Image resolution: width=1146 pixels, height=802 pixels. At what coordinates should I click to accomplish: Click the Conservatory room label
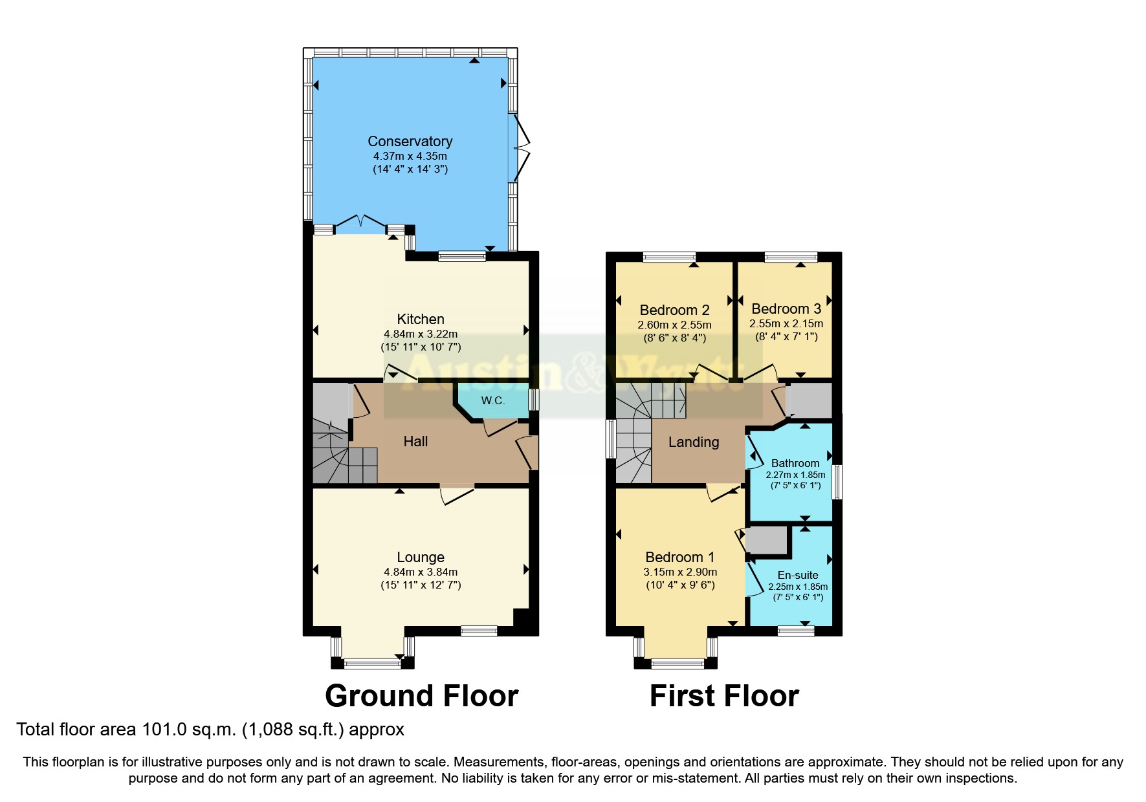click(410, 141)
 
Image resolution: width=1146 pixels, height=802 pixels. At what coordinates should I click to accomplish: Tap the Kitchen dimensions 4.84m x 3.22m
click(421, 334)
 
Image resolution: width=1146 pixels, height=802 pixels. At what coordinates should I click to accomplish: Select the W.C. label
click(492, 400)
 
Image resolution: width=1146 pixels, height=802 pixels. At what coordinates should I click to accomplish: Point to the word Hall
click(415, 441)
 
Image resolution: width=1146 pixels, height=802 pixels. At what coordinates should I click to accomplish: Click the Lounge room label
click(421, 557)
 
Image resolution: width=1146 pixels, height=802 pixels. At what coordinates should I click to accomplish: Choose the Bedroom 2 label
click(674, 310)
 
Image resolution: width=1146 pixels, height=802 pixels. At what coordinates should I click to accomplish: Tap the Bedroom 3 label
click(786, 309)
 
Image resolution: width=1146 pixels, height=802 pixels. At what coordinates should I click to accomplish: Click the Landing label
click(694, 442)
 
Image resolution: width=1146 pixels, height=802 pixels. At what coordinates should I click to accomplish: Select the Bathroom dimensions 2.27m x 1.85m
click(795, 475)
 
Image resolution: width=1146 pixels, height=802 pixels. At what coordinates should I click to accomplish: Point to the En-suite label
click(798, 575)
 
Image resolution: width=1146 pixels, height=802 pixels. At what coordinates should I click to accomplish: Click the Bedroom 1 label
click(680, 557)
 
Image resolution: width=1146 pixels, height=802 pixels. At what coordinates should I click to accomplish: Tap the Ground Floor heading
click(421, 696)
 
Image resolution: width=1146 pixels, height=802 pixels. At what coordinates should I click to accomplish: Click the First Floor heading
click(724, 696)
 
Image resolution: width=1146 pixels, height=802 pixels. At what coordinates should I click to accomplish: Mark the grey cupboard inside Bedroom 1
click(767, 541)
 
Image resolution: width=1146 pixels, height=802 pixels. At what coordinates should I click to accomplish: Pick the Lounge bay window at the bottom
click(372, 662)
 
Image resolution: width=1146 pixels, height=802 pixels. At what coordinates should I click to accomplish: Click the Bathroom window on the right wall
click(837, 482)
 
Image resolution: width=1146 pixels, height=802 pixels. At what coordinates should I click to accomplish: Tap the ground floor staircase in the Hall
click(343, 453)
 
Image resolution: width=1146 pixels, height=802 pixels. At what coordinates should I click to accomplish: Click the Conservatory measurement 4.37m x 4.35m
click(410, 156)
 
